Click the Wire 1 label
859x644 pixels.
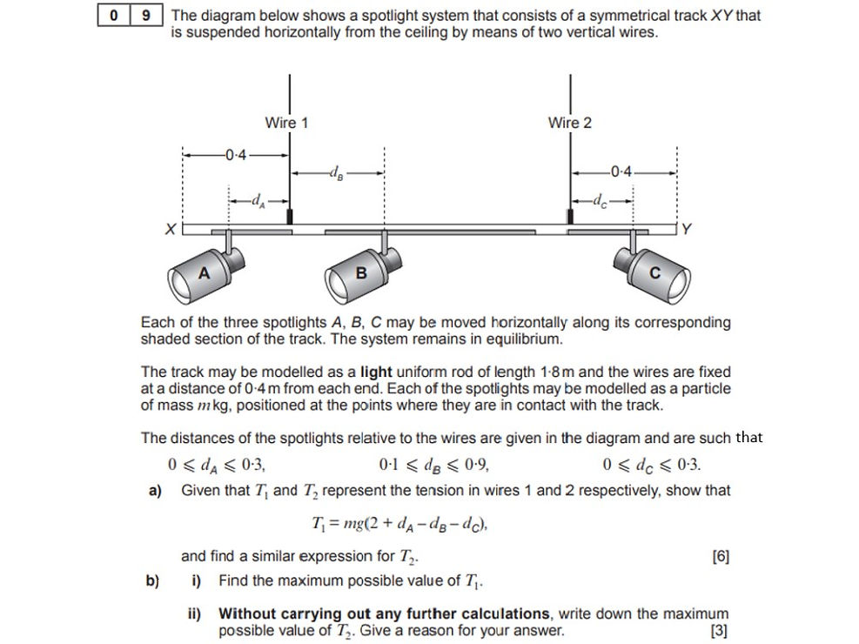(286, 123)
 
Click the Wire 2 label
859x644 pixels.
(569, 123)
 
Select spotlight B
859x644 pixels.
(361, 272)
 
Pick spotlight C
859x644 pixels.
(654, 272)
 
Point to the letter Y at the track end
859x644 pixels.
(686, 230)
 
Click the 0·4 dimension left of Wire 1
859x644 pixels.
(235, 156)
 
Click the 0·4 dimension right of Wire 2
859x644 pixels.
(622, 171)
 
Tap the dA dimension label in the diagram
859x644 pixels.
(257, 202)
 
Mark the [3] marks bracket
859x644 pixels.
(719, 631)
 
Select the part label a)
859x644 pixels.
(156, 491)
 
